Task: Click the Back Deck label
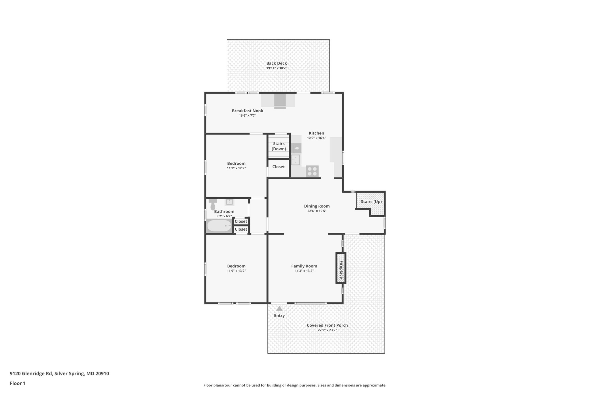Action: click(276, 63)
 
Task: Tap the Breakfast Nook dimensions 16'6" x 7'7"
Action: click(247, 116)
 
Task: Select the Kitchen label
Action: click(316, 133)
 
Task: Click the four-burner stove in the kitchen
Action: click(312, 171)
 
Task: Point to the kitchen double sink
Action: click(295, 160)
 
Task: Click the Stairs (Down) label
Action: click(279, 146)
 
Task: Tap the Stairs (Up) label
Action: click(371, 202)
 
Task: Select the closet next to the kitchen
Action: click(278, 167)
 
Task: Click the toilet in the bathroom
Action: click(213, 205)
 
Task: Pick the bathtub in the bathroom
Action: click(219, 226)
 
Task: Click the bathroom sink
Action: click(229, 202)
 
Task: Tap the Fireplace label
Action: click(341, 268)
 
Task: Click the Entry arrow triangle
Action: click(279, 308)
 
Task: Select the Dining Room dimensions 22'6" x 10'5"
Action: click(317, 211)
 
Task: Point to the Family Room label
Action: click(304, 266)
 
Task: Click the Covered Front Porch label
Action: click(327, 325)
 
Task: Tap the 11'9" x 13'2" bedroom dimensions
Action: click(236, 271)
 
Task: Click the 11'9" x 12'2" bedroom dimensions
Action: click(236, 168)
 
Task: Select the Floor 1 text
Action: click(18, 383)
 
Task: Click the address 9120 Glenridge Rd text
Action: click(59, 374)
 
